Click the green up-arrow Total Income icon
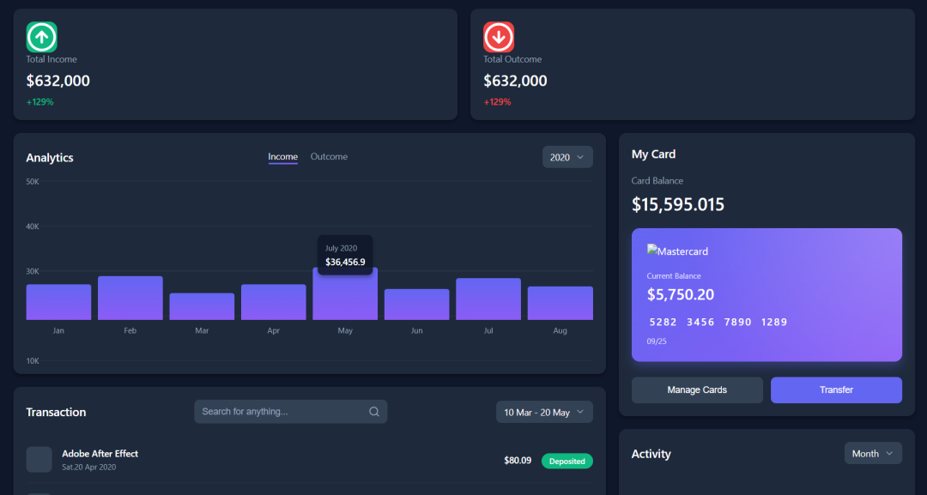tap(41, 37)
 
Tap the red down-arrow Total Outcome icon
tap(499, 37)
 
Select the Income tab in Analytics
tap(282, 157)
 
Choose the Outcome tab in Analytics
tap(329, 157)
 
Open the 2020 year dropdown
tap(567, 157)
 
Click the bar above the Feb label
tap(130, 298)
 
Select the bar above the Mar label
tap(202, 306)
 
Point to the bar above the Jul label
tap(488, 299)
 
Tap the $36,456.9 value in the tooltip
tap(345, 262)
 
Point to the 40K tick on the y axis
tap(33, 226)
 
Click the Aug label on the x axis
tap(560, 330)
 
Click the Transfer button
tap(836, 389)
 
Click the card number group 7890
tap(737, 323)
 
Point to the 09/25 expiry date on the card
tap(657, 341)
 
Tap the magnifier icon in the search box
tap(374, 412)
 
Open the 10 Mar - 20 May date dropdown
tap(544, 412)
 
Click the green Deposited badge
tap(566, 462)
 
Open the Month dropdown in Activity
tap(872, 453)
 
